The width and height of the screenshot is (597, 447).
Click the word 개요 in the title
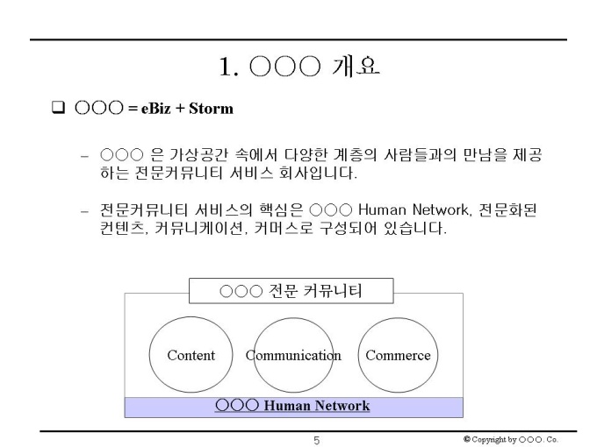[x=356, y=67]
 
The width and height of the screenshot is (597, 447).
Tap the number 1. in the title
[x=229, y=67]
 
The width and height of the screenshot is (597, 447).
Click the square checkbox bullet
[x=58, y=108]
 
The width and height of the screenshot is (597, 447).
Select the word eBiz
[x=155, y=109]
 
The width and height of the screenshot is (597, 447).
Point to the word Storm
[x=211, y=109]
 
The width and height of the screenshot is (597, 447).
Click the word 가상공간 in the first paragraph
[x=198, y=155]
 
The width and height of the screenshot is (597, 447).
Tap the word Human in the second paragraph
[x=382, y=209]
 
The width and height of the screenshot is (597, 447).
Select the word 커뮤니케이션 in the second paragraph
[x=201, y=229]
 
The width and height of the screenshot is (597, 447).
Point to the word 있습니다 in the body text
[x=415, y=229]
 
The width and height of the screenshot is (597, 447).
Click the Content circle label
[x=191, y=355]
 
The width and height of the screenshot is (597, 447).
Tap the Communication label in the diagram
[x=293, y=355]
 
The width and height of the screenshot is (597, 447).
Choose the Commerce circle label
[x=398, y=355]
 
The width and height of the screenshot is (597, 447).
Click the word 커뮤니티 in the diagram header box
[x=333, y=291]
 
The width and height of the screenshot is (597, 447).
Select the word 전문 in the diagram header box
[x=283, y=291]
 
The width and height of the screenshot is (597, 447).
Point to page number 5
[x=316, y=441]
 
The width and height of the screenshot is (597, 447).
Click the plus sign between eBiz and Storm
[x=180, y=109]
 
